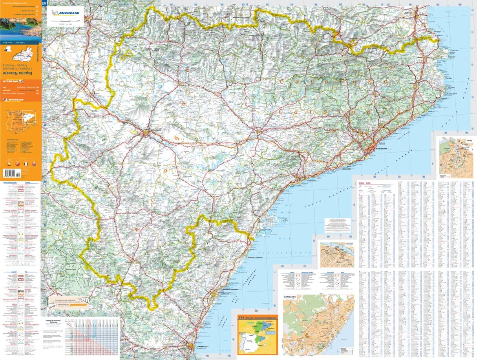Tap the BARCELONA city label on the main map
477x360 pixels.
(x=381, y=149)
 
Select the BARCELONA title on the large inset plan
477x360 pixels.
(x=291, y=296)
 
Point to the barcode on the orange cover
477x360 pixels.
(x=11, y=172)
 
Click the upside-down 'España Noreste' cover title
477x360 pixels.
(x=20, y=73)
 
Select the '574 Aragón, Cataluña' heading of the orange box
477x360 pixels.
(x=258, y=317)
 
